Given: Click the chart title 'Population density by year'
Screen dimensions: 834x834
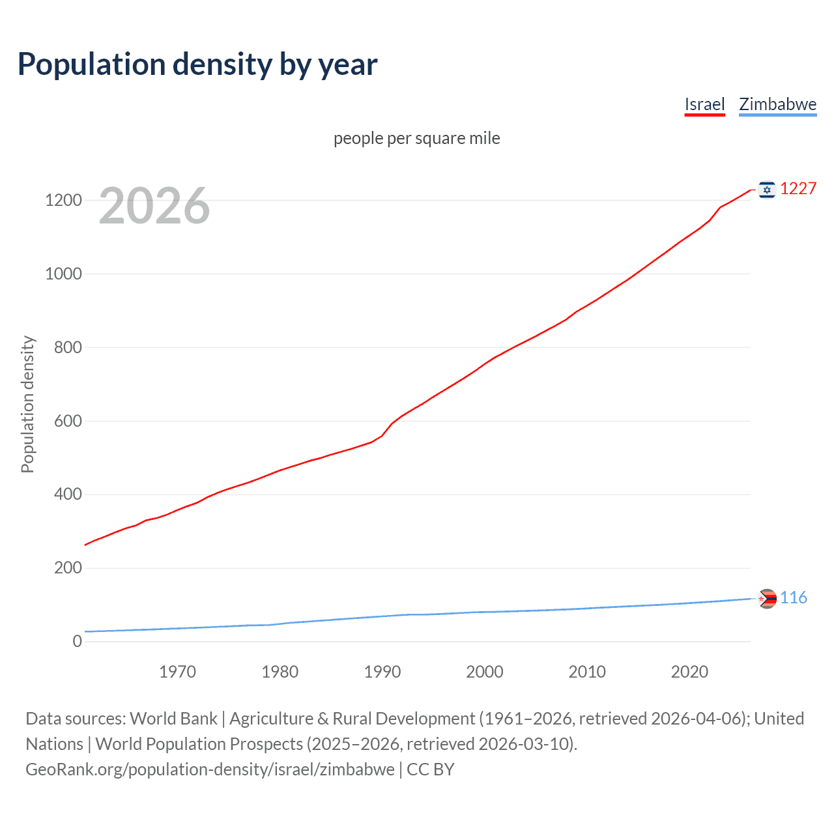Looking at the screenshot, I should pos(197,65).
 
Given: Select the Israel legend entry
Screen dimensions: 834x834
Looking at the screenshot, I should pos(704,104).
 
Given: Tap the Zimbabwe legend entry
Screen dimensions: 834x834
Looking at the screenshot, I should pos(777,104).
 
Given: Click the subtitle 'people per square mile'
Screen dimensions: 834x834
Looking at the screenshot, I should pos(416,138).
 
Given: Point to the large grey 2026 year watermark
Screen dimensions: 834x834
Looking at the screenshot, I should pos(154,206).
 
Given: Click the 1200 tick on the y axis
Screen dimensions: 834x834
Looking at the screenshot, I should pos(63,200).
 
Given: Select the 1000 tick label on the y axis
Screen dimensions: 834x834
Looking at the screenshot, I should pos(63,274).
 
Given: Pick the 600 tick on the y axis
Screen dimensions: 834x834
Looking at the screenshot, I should pos(68,421).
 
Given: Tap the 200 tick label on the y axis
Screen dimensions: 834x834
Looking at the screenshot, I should pos(68,568).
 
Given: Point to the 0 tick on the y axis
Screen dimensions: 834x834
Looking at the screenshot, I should pos(78,641).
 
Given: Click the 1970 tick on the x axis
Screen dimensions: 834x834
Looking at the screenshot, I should pos(177,672).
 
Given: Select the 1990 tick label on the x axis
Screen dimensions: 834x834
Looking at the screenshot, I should pos(382,672).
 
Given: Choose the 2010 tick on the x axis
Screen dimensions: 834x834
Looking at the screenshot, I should pos(587,672).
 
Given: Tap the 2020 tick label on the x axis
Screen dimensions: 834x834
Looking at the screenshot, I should pos(689,672).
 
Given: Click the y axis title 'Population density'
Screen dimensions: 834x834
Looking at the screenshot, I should pos(27,404).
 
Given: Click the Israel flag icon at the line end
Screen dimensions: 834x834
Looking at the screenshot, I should pos(767,190).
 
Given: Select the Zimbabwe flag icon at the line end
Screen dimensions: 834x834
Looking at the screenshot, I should pos(767,598).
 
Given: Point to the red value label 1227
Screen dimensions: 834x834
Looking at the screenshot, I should pos(798,189).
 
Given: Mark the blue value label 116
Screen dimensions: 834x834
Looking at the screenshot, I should pos(793,597).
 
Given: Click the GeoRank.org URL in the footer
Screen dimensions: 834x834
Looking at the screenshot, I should pos(210,769).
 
